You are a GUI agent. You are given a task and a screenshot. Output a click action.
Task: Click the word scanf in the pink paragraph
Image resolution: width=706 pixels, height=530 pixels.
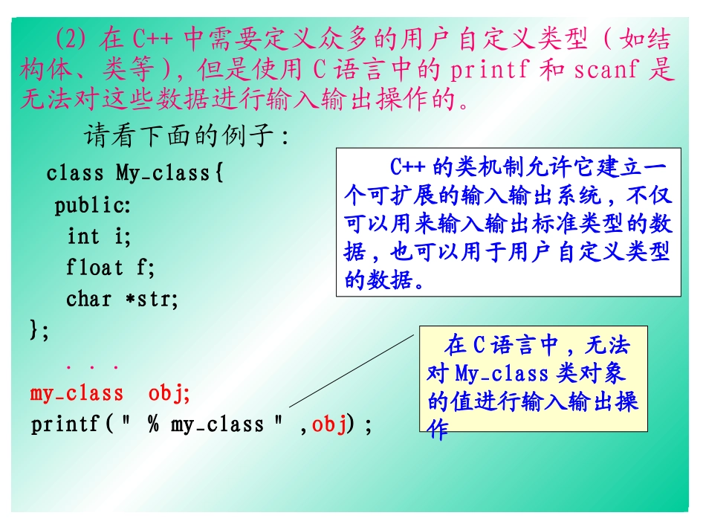(x=606, y=71)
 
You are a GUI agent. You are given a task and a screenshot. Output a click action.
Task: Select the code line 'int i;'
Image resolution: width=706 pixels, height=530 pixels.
(x=99, y=236)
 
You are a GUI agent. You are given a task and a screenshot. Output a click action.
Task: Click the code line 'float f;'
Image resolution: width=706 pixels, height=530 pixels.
(x=111, y=268)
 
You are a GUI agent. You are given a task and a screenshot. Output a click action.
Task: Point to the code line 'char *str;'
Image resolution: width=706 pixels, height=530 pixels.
(x=123, y=300)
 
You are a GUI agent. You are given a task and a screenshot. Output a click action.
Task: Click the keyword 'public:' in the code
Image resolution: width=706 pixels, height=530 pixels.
(x=92, y=205)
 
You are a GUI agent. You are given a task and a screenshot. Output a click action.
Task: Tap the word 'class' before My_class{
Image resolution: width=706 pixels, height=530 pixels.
(x=75, y=173)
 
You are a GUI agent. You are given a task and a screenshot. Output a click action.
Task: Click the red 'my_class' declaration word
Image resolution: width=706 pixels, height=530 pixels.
(x=77, y=393)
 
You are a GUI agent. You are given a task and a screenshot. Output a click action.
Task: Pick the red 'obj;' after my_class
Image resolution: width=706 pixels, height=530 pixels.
(x=169, y=393)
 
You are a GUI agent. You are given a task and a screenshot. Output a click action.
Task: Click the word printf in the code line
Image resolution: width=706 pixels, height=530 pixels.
(x=65, y=424)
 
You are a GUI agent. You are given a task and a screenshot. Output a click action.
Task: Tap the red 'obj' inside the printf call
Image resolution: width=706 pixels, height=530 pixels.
(x=329, y=424)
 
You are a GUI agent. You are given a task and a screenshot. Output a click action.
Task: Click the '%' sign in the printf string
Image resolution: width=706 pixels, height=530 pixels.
(x=153, y=424)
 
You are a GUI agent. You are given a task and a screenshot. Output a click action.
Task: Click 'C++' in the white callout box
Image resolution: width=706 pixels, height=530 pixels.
(x=407, y=166)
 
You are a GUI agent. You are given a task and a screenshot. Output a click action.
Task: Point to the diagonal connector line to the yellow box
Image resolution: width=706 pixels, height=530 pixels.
(x=349, y=371)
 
